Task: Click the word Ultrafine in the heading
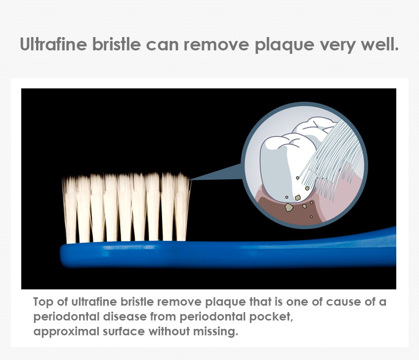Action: click(x=53, y=44)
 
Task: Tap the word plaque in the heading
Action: click(x=284, y=45)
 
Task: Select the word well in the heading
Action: click(x=379, y=44)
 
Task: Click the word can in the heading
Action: click(x=162, y=45)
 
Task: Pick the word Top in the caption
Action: click(x=43, y=302)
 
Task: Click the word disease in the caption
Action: click(x=125, y=317)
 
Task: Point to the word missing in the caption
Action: click(x=215, y=332)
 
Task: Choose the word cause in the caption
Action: click(x=342, y=302)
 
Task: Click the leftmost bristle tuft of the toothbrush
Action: click(x=70, y=210)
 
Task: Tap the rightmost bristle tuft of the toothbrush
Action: click(x=182, y=207)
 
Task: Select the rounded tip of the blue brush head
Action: click(x=61, y=255)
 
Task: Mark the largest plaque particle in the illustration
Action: click(x=289, y=207)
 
